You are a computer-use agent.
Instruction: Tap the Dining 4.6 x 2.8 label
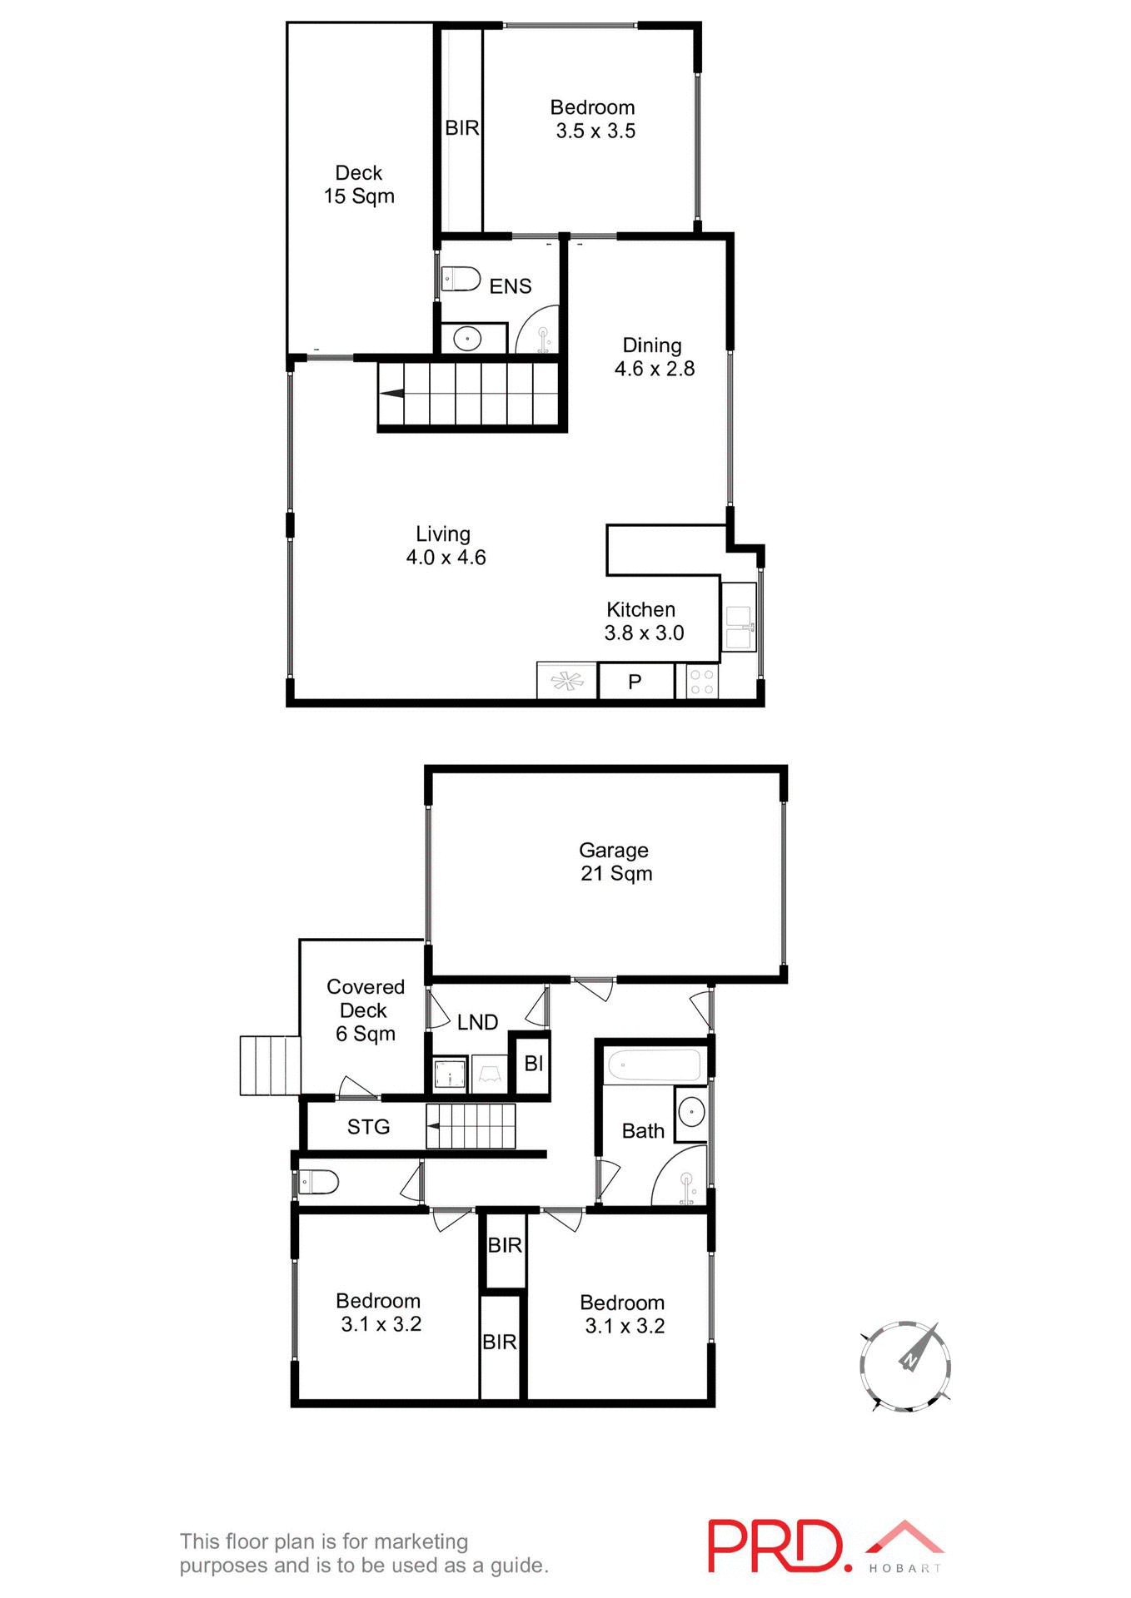pos(654,357)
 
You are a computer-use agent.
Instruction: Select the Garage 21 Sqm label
pos(615,861)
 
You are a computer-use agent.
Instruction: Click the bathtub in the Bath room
pos(655,1065)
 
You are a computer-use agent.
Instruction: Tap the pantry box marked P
pos(635,682)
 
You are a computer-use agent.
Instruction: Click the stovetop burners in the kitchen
pos(702,682)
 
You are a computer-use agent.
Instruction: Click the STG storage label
pos(368,1127)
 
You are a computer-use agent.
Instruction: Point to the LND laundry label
pos(477,1022)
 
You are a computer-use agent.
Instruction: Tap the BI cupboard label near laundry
pos(533,1063)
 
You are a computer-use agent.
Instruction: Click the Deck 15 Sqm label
pos(359,185)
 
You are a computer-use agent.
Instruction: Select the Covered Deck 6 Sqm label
pos(365,1010)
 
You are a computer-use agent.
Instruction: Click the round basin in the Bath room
pos(691,1112)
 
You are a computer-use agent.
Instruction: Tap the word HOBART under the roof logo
pos(904,1568)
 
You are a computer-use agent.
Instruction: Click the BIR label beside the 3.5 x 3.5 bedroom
pos(461,128)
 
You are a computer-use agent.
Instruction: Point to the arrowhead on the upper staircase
pos(391,394)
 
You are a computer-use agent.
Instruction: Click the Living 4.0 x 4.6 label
pos(445,546)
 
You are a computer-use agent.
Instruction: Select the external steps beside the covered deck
pos(269,1065)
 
